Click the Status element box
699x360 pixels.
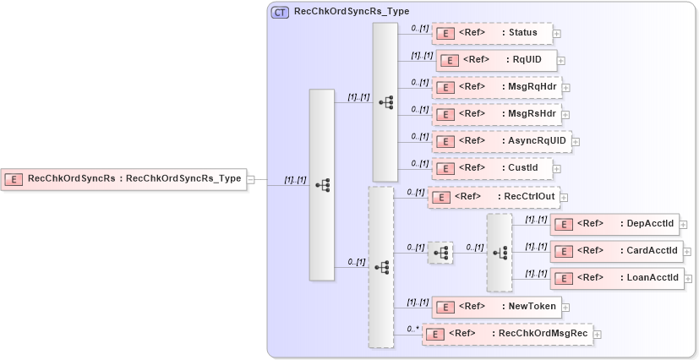point(491,33)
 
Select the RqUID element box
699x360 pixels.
point(496,60)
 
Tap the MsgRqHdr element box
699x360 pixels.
point(496,87)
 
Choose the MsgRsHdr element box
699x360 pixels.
point(496,114)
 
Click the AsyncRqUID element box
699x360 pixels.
point(501,141)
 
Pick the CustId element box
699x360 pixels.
point(491,168)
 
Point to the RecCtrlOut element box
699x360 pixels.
point(492,197)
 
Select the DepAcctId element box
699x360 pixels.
point(614,224)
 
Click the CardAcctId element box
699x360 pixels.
point(614,251)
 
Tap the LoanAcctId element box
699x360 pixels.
point(614,278)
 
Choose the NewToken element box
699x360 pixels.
point(496,307)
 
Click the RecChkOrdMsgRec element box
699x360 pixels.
point(507,334)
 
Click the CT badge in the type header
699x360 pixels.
point(280,13)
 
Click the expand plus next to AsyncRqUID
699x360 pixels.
point(576,142)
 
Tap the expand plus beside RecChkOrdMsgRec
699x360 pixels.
point(598,335)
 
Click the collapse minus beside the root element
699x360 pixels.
point(251,179)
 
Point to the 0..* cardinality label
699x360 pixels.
point(412,329)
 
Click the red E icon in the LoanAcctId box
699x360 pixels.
point(563,278)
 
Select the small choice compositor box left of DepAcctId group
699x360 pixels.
point(440,253)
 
